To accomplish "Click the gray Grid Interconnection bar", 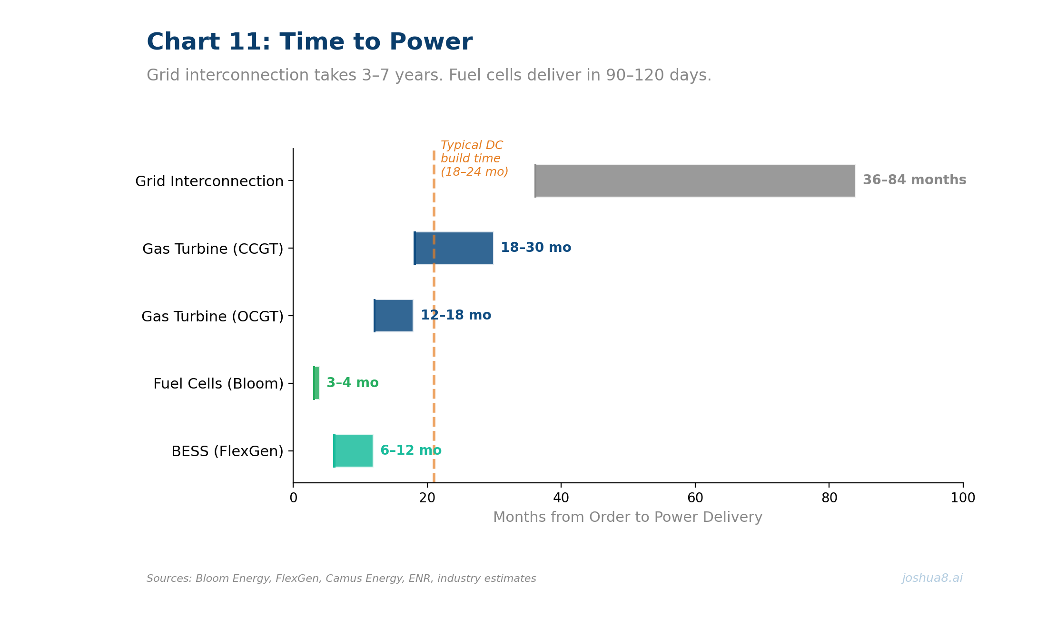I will (695, 180).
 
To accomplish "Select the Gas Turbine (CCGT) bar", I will (454, 248).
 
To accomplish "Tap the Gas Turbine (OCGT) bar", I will (394, 316).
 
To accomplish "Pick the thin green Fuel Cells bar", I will (316, 383).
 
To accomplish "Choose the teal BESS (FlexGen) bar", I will (353, 450).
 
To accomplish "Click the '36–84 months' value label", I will (914, 180).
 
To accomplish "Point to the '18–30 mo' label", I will (535, 248).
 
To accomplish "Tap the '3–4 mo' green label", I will (352, 383).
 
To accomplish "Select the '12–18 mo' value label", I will (455, 315).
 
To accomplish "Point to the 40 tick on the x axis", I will (561, 498).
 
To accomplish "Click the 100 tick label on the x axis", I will (962, 498).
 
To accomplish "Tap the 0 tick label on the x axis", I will (293, 498).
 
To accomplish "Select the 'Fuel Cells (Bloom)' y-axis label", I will (218, 384).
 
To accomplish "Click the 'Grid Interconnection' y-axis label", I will (209, 181).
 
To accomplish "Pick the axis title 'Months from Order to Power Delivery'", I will (627, 517).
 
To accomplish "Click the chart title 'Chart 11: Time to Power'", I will (309, 42).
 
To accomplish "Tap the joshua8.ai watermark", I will (932, 578).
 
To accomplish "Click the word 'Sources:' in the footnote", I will (169, 579).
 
